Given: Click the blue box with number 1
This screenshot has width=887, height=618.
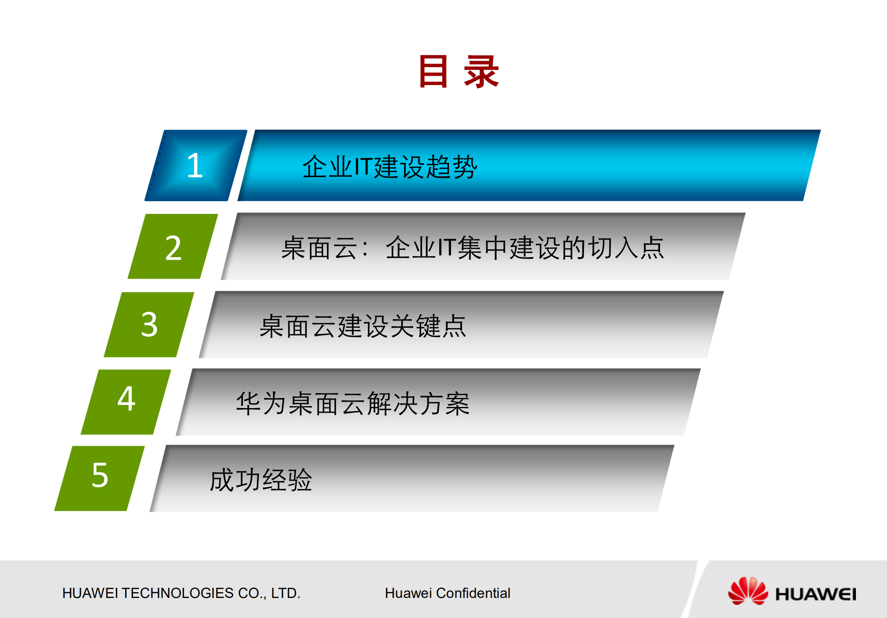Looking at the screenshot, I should point(195,166).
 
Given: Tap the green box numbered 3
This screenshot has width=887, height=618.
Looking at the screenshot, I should point(149,325).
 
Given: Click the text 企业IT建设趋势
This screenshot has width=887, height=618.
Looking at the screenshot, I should point(389,167).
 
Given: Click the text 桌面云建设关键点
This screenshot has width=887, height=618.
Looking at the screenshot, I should point(363,326).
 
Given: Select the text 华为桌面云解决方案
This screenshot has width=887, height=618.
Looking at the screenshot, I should point(353,404).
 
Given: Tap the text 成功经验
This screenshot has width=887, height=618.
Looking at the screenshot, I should point(261,480).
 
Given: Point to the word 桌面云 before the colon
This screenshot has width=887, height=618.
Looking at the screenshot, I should point(319,248).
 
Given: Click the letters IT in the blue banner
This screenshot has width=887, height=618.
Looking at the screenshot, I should point(363,167).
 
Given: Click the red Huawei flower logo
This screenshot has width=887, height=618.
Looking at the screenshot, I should point(748,591).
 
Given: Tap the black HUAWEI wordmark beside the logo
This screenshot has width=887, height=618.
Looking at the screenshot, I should point(815,594).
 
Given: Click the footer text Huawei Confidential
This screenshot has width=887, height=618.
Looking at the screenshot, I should point(447,593).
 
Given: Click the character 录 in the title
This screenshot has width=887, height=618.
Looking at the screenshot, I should point(481,72).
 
